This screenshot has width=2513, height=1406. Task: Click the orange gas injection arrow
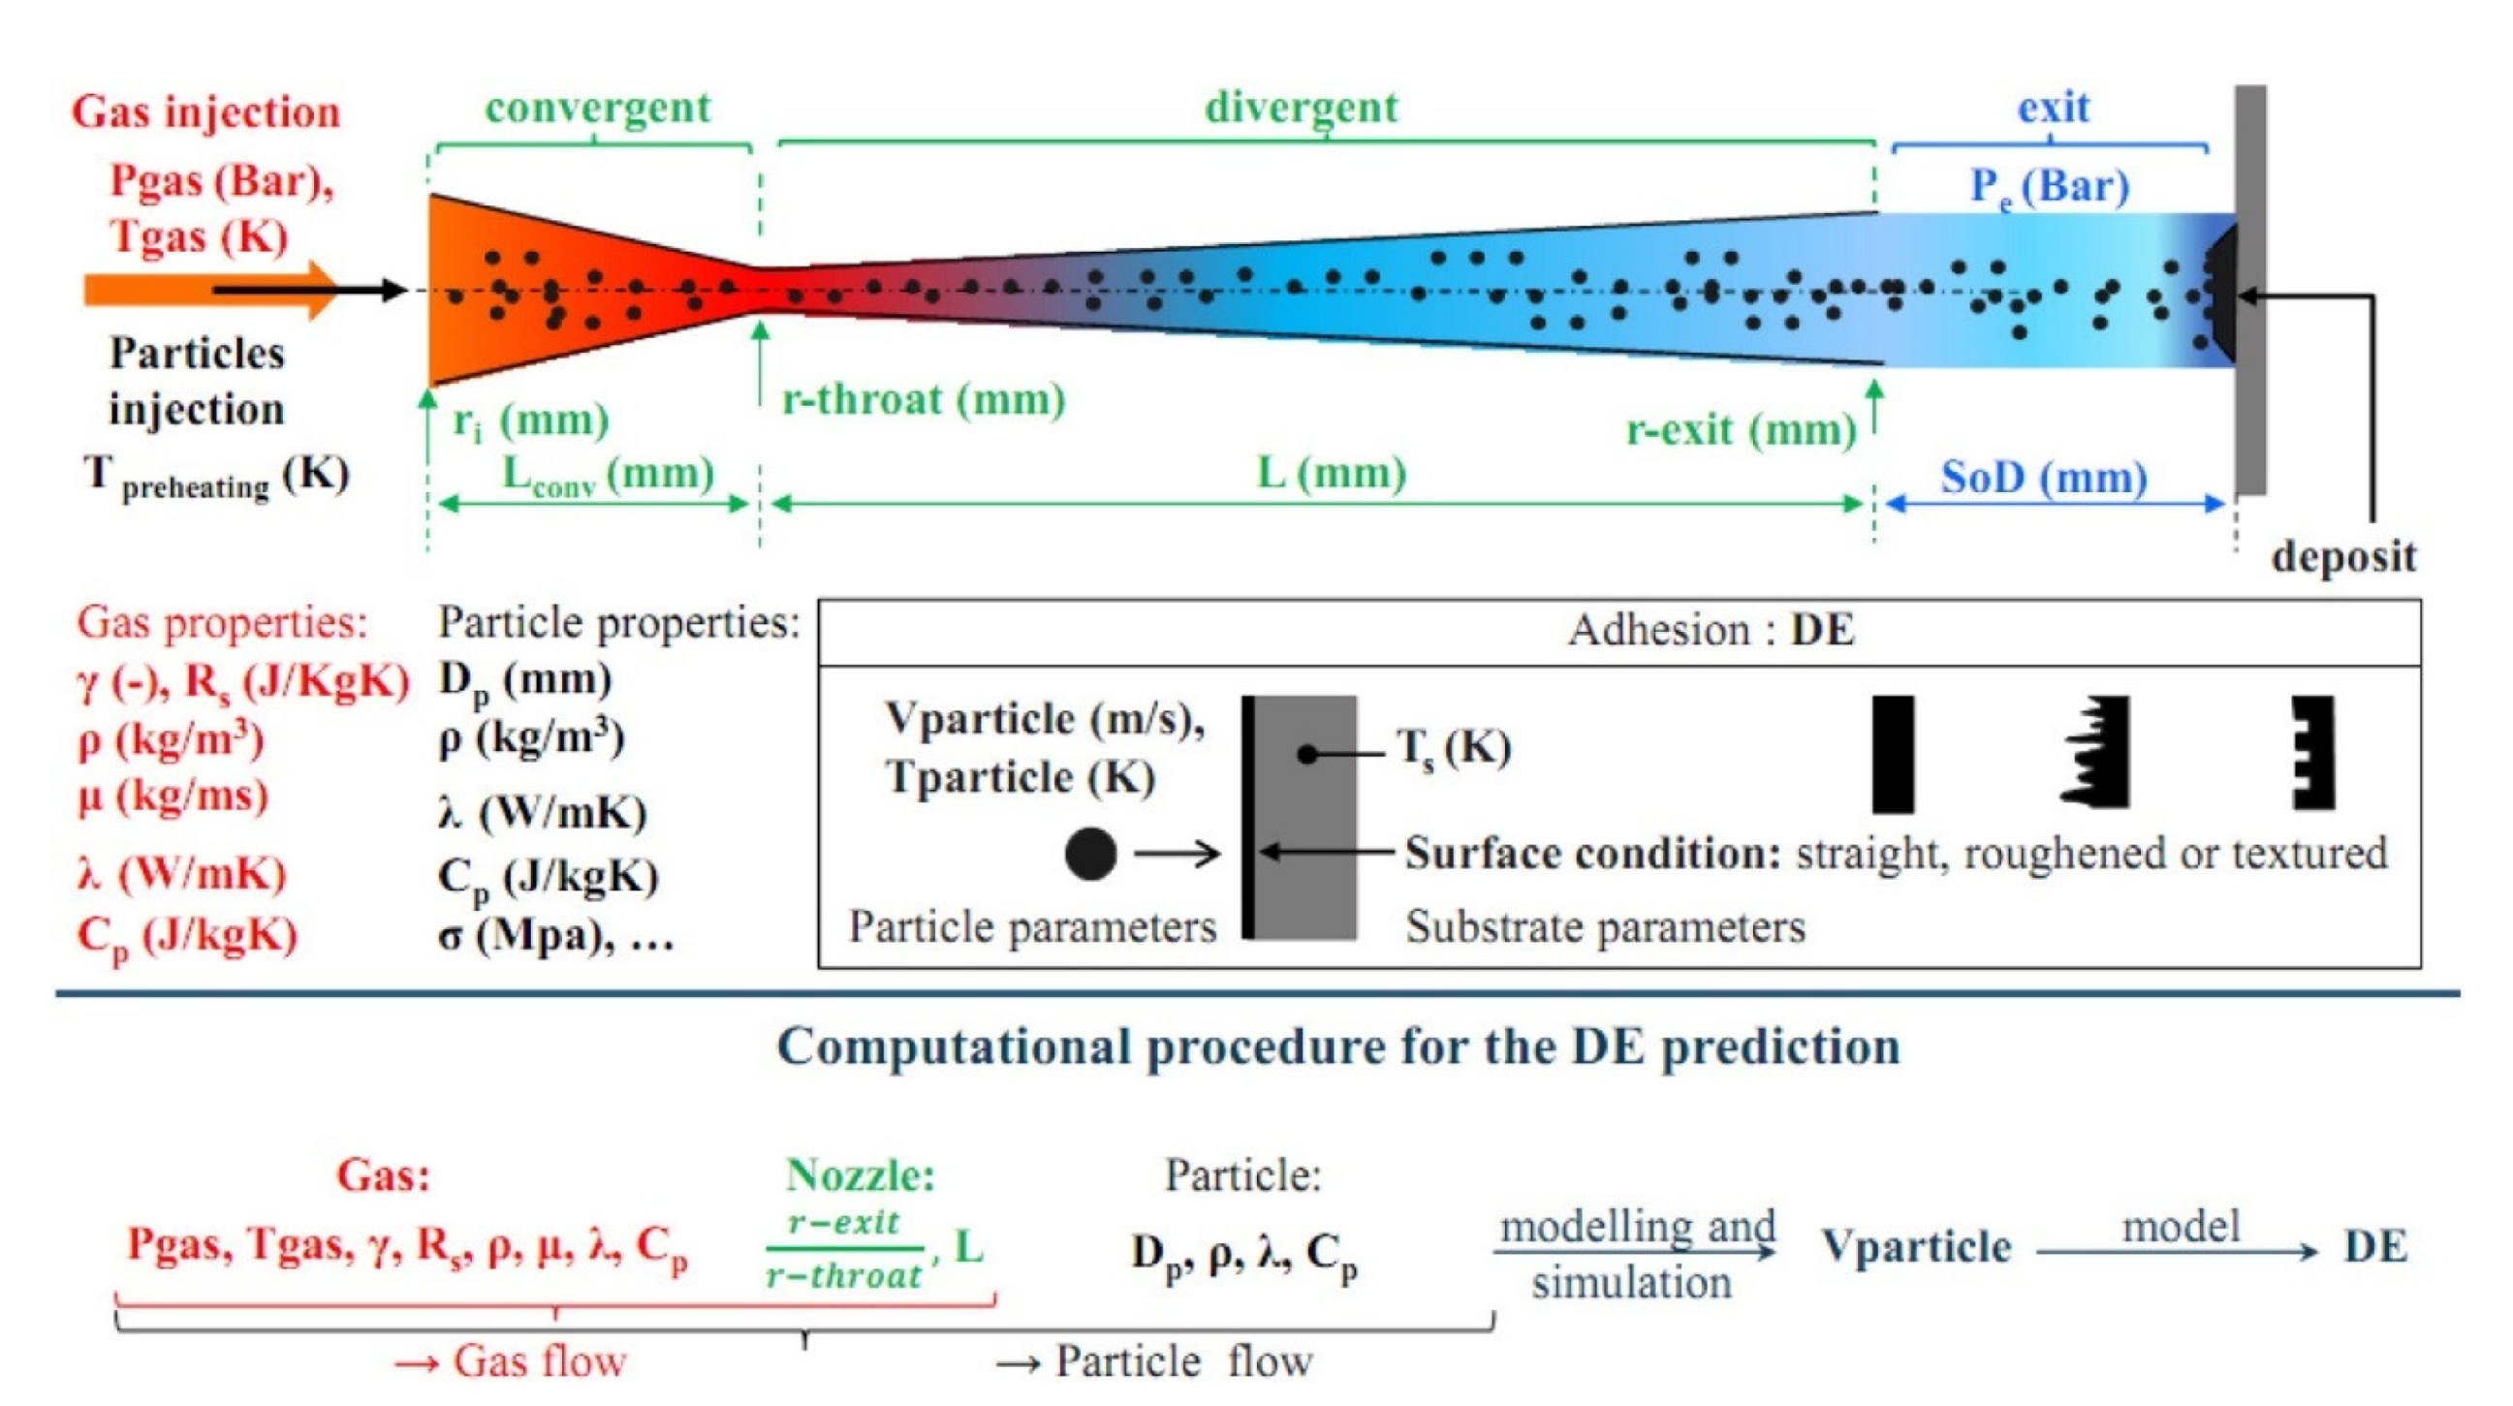(195, 290)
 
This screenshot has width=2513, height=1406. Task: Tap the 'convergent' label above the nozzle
(598, 109)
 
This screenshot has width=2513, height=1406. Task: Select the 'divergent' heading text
(1302, 109)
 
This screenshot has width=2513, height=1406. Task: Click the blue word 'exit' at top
(2054, 109)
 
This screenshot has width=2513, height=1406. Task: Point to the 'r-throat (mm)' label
(923, 400)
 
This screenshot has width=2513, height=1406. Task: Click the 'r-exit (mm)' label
(1741, 430)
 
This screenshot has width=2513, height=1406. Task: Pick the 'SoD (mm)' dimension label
(2044, 478)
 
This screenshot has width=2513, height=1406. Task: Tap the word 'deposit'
(2343, 557)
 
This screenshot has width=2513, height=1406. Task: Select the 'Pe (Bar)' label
(2049, 186)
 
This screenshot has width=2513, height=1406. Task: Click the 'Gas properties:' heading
(223, 622)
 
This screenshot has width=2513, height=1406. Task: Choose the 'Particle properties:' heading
(618, 622)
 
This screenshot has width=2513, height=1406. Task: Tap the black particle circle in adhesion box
(1089, 854)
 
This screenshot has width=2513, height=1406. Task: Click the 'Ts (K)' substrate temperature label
(1454, 749)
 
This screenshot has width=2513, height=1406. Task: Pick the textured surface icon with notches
(2314, 752)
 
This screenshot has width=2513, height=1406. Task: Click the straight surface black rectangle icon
(1893, 753)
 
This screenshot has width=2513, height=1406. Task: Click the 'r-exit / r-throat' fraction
(845, 1249)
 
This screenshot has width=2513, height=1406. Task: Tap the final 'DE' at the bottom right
(2375, 1247)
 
